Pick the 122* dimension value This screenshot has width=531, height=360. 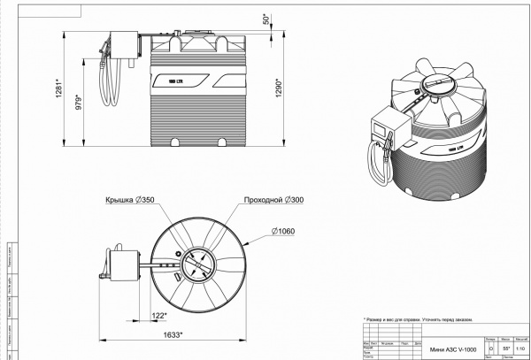point(159,314)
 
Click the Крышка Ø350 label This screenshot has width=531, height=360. point(130,201)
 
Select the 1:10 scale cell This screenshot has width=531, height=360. point(521,349)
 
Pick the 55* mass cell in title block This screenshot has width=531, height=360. point(506,349)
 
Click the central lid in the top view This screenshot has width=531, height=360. point(198,264)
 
